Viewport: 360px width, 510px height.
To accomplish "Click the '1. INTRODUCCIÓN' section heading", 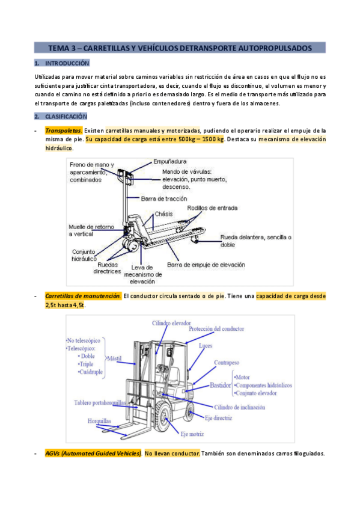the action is [x=62, y=63].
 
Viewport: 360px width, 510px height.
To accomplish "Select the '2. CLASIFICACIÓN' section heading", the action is [x=61, y=117].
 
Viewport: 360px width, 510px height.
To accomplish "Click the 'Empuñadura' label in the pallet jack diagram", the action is [x=170, y=162].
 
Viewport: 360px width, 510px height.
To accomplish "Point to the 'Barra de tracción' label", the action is [x=164, y=198].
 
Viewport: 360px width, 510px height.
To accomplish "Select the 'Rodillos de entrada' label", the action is [x=212, y=208].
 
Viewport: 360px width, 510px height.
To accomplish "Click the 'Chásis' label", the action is [x=163, y=214].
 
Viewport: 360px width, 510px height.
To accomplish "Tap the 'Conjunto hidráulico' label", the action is [x=84, y=256].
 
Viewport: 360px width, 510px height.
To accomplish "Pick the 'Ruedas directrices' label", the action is [x=107, y=268].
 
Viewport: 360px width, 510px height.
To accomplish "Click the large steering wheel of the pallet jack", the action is [x=131, y=245].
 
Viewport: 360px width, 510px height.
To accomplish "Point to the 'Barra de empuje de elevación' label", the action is [x=206, y=265].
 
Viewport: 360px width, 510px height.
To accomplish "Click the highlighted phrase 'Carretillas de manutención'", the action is [x=83, y=296].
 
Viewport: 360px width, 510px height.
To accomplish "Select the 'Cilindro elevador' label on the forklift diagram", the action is [x=171, y=324].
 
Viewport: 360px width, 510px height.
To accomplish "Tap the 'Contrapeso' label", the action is [x=227, y=363].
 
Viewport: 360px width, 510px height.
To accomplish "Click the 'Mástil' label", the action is [x=114, y=358].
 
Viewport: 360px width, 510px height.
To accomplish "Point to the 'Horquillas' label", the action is [x=99, y=421].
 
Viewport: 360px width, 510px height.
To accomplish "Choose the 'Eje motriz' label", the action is [x=192, y=434].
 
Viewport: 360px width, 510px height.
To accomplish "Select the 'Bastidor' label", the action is [x=220, y=386].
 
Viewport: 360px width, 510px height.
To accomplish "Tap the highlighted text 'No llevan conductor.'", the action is [x=172, y=453].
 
